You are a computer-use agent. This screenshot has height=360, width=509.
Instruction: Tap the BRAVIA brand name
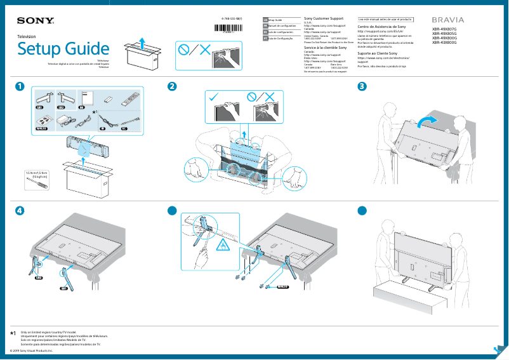(447, 21)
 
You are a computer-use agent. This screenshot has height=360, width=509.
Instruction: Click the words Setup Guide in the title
(63, 49)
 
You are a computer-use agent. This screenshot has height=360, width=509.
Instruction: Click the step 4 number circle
(21, 211)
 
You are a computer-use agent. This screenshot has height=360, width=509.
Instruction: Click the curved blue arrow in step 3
(428, 121)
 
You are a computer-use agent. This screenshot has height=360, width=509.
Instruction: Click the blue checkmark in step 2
(213, 98)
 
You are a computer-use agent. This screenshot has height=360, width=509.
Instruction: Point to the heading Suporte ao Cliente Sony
(381, 53)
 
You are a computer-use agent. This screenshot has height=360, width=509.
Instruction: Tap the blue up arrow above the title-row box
(143, 43)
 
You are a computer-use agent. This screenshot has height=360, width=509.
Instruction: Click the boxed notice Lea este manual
(385, 20)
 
